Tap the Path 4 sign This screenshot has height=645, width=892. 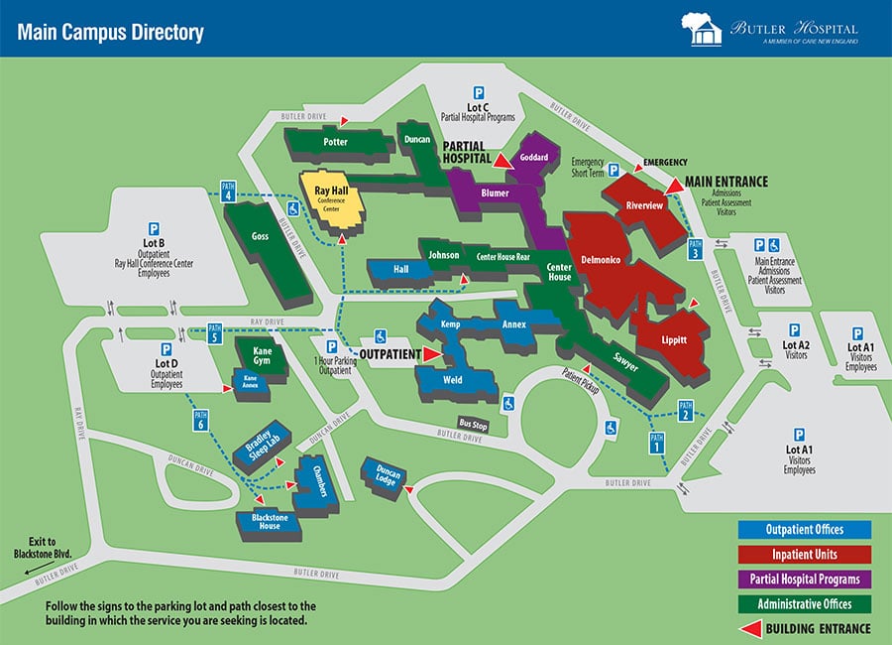(x=228, y=191)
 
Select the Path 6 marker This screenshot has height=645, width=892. (x=201, y=421)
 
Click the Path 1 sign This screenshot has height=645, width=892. (x=655, y=444)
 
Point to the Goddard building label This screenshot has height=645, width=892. (x=533, y=157)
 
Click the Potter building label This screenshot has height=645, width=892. (x=335, y=142)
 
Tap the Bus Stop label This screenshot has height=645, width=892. (x=473, y=424)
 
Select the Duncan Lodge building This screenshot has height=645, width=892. (x=384, y=477)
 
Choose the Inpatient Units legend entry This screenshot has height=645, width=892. (x=804, y=554)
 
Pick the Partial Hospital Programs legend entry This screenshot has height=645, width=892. (x=804, y=579)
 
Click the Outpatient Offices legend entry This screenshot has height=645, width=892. (x=804, y=529)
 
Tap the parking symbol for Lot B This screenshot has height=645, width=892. (x=154, y=227)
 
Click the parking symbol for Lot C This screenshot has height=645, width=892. (x=478, y=91)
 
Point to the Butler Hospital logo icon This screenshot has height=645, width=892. (x=700, y=29)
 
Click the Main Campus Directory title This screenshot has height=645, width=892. (x=110, y=32)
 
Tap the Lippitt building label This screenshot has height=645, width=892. (x=675, y=339)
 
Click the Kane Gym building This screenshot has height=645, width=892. (x=262, y=355)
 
